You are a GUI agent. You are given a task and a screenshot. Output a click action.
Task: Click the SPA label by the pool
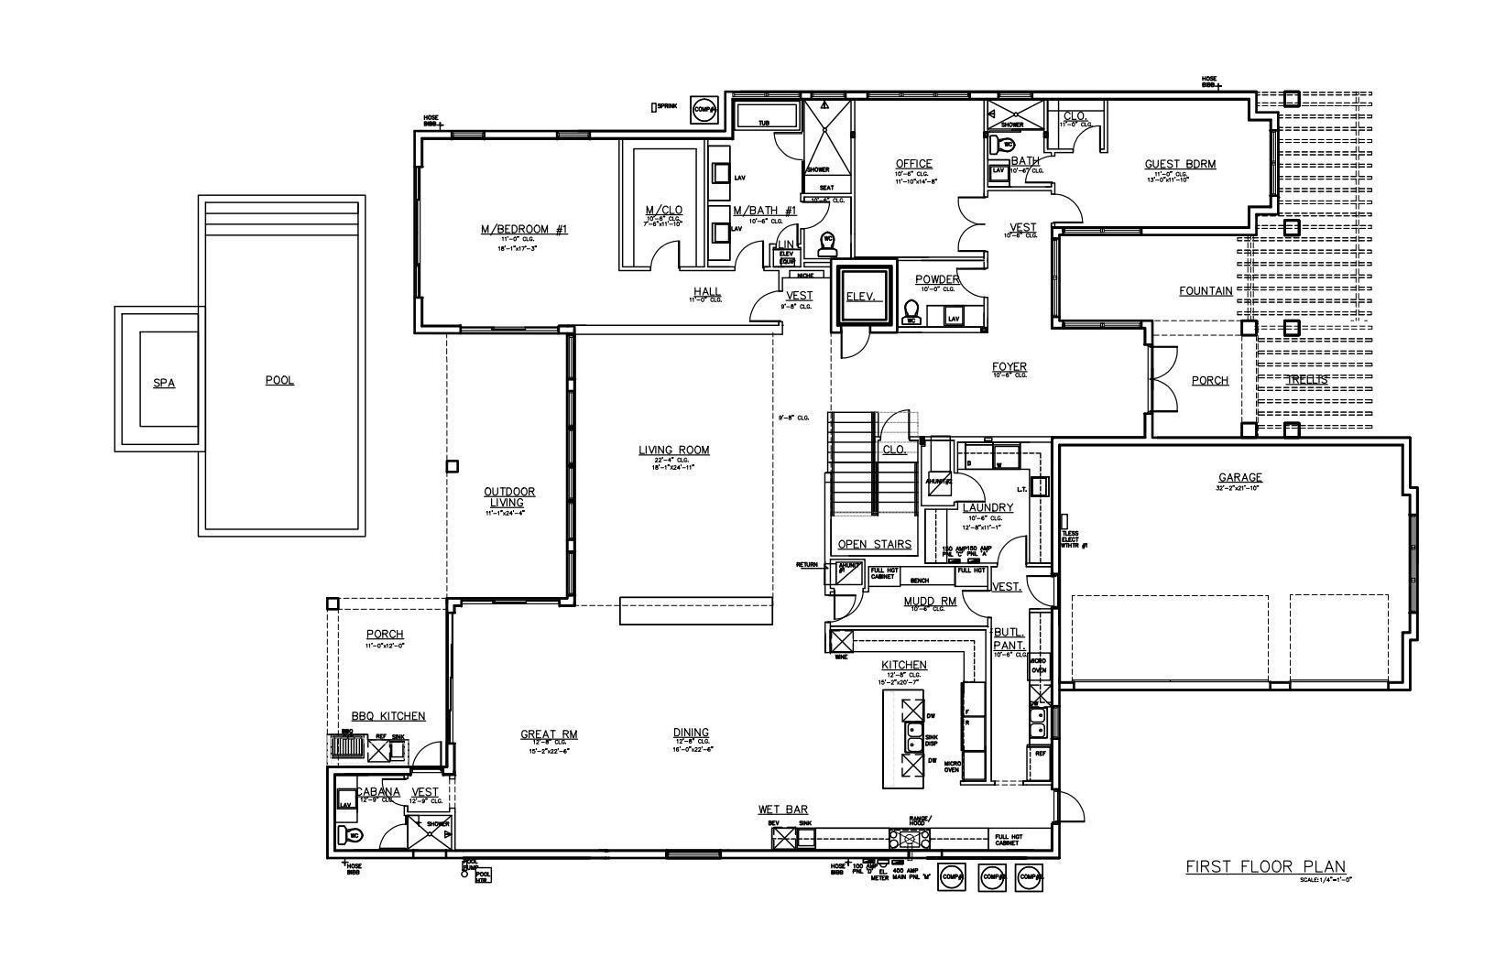[164, 383]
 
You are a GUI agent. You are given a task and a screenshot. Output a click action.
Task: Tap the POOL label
[279, 380]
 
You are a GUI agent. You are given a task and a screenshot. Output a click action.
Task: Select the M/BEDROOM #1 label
[524, 229]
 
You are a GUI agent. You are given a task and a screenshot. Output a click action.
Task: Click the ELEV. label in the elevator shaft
[861, 296]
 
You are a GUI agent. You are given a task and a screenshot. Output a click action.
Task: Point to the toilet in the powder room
[911, 311]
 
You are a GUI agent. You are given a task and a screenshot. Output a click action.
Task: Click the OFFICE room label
[913, 164]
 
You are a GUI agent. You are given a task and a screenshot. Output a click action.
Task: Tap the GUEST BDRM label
[1180, 165]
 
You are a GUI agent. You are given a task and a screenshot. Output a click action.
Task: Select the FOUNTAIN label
[1205, 291]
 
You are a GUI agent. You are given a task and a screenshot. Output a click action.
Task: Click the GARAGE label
[1239, 477]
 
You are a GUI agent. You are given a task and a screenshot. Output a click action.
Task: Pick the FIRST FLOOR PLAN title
[1266, 866]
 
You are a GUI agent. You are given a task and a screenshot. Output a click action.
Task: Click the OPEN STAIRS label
[875, 544]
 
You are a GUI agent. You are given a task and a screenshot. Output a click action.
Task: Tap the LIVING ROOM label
[673, 450]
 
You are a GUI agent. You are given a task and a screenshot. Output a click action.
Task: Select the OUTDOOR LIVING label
[509, 497]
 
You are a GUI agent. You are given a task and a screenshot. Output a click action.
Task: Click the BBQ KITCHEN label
[388, 716]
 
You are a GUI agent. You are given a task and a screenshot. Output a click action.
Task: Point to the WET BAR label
[782, 809]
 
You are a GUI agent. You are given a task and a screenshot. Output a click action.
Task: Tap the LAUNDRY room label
[988, 507]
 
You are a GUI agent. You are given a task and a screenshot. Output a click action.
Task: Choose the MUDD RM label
[930, 602]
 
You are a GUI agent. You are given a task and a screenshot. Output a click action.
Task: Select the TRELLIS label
[1306, 380]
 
